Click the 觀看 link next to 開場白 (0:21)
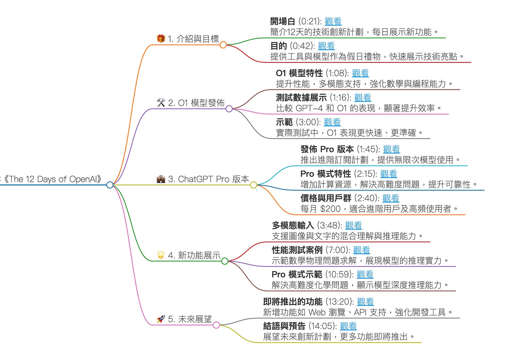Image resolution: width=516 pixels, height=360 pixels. (333, 22)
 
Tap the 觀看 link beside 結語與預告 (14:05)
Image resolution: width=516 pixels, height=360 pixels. (348, 326)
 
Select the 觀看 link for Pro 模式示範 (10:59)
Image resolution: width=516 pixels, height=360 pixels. (365, 275)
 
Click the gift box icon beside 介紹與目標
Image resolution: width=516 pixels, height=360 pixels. (161, 39)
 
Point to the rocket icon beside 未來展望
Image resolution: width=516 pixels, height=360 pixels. (161, 319)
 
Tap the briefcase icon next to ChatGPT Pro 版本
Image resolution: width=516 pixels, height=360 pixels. (161, 179)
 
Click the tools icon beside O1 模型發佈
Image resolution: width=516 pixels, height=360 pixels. (161, 103)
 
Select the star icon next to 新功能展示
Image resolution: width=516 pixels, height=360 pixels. (161, 255)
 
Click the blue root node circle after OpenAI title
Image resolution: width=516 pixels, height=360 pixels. (110, 185)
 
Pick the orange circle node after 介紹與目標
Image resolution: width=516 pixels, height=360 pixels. (223, 45)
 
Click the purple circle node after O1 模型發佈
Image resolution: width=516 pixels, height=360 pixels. (229, 109)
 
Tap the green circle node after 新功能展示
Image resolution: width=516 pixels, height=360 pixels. (225, 261)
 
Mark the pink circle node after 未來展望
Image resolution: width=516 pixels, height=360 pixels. (216, 325)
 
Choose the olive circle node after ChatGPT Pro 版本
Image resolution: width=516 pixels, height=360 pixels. (253, 185)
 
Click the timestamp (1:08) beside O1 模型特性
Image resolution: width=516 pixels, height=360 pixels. (337, 73)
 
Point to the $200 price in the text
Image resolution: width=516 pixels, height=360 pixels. (330, 209)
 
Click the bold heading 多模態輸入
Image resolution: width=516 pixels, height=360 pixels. (293, 226)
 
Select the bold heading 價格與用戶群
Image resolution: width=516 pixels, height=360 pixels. (326, 198)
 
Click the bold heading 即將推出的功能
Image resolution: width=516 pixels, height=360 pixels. (293, 302)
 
